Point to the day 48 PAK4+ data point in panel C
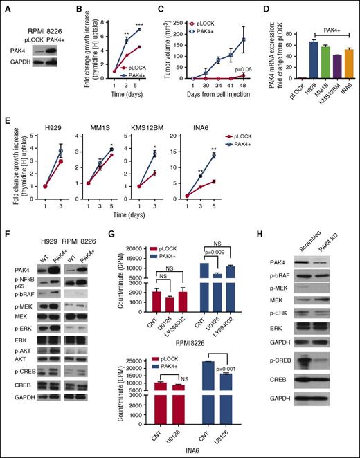(x=244, y=39)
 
